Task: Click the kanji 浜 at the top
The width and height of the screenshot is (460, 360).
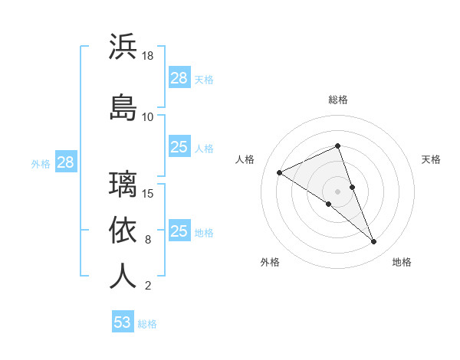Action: click(123, 47)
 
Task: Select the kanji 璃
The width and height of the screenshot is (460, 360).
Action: click(123, 184)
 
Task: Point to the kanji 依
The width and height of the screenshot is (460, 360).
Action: click(123, 230)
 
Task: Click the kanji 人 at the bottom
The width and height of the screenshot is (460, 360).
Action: click(123, 276)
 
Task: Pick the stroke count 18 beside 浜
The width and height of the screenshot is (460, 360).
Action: click(148, 57)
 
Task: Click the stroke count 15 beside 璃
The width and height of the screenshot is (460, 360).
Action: click(149, 193)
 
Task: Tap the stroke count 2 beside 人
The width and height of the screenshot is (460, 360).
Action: click(147, 286)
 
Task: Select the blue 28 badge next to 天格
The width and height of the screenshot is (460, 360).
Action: click(179, 77)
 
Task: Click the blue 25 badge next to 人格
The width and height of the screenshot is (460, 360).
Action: click(179, 147)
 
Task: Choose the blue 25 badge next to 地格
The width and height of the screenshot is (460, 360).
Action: click(179, 231)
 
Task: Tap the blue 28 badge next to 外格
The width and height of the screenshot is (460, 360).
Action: click(65, 162)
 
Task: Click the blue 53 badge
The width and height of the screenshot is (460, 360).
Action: click(122, 322)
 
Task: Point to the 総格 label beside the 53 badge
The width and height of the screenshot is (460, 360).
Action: click(147, 324)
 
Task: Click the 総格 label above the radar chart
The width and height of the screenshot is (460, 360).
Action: click(338, 100)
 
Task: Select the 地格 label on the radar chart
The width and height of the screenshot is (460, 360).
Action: click(402, 262)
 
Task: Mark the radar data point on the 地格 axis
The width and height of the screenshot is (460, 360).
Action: click(374, 242)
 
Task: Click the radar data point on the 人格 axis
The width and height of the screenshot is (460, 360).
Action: click(280, 172)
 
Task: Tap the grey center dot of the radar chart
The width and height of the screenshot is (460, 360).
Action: click(338, 191)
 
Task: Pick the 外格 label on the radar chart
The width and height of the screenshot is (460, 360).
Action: click(270, 262)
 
